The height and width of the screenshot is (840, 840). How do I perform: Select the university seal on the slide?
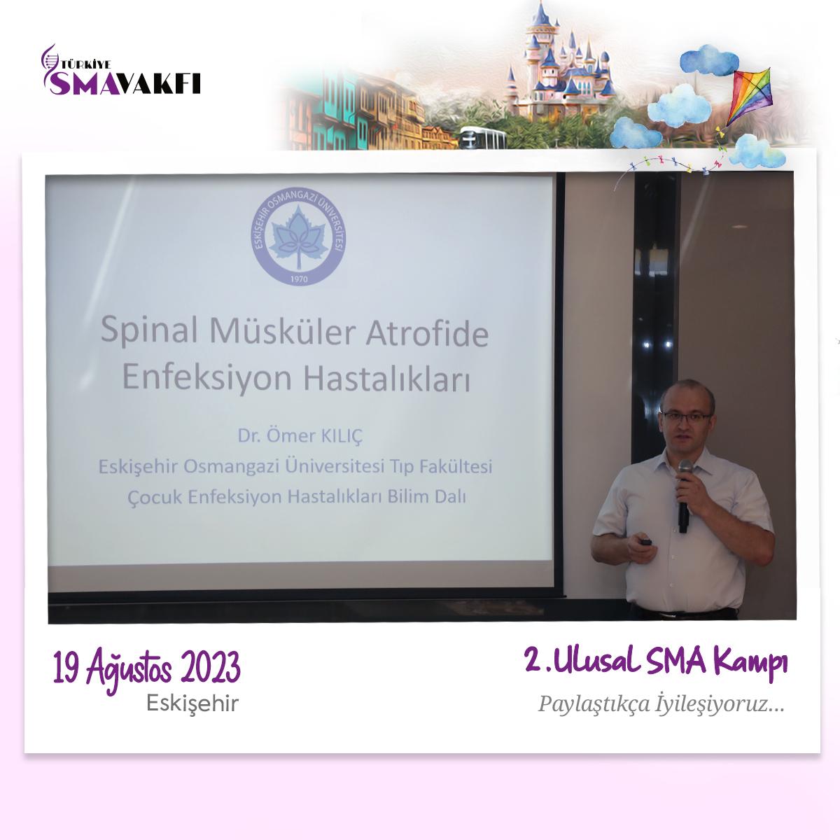click(x=299, y=237)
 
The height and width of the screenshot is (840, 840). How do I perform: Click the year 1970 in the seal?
click(x=299, y=279)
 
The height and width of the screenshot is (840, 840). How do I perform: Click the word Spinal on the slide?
click(x=149, y=331)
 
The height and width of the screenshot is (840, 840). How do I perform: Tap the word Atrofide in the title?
click(x=427, y=334)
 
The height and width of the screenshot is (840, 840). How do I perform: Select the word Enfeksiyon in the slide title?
click(x=206, y=378)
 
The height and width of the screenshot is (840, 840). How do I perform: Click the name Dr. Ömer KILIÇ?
click(x=300, y=435)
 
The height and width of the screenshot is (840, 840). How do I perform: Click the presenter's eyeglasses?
click(x=686, y=416)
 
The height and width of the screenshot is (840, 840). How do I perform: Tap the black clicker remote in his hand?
click(x=645, y=542)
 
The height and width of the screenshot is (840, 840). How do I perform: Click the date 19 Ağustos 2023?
click(x=147, y=669)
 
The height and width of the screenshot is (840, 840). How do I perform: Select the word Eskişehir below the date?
click(x=192, y=703)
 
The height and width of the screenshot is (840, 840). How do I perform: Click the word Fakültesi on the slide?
click(x=456, y=466)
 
